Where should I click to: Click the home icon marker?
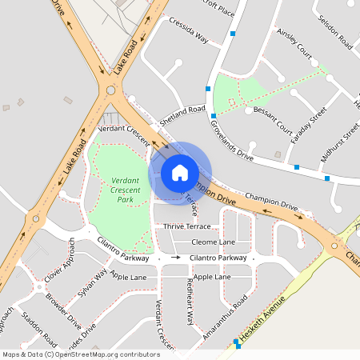coord(180,172)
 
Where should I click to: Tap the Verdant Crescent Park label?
coord(126,190)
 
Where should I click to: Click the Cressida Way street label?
coord(189,30)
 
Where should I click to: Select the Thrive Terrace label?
coord(187,227)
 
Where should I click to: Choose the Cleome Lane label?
coord(214,242)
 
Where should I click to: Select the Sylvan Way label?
coord(93,284)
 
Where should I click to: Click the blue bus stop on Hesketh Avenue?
coord(237,342)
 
